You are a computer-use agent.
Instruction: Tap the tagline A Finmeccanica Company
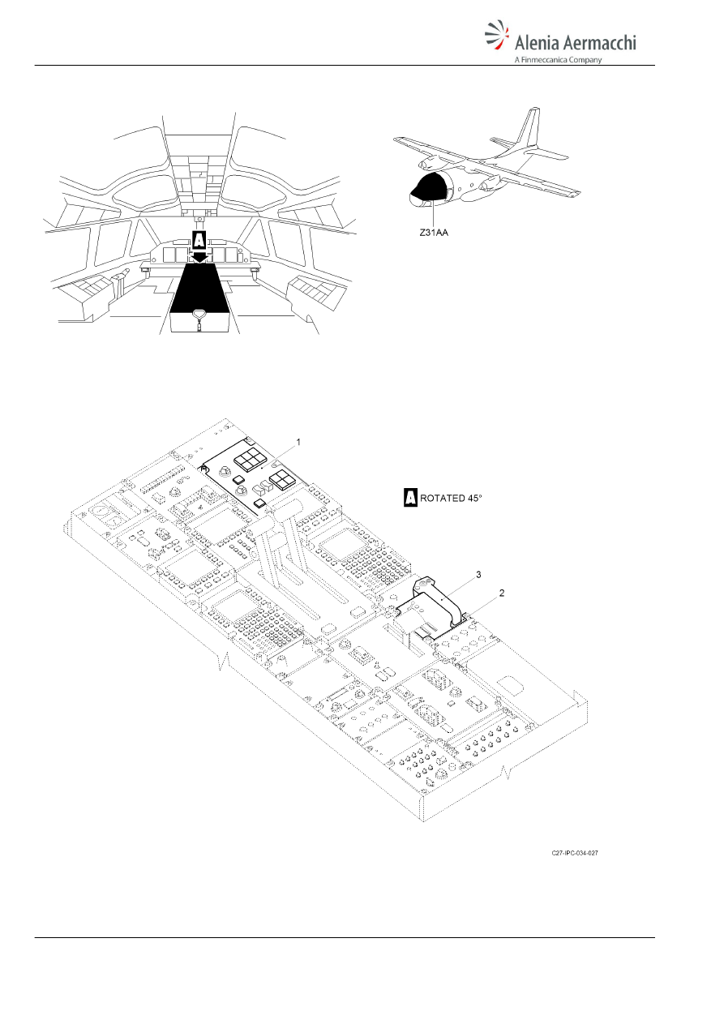tap(558, 59)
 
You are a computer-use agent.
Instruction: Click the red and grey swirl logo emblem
tap(497, 35)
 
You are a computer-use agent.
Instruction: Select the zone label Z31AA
tap(434, 232)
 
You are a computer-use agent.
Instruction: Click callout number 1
tap(298, 442)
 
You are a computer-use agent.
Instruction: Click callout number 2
tap(501, 593)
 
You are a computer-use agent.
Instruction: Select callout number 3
tap(478, 574)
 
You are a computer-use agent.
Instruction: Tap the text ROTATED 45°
tap(451, 499)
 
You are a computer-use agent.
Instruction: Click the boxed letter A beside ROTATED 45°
tap(410, 498)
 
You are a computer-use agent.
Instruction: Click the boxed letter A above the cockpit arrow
tap(199, 240)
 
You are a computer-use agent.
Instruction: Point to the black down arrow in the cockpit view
tap(199, 256)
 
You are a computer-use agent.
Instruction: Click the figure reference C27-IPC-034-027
tap(575, 853)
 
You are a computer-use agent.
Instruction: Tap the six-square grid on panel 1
tap(247, 461)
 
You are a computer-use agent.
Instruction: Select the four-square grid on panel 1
tap(282, 482)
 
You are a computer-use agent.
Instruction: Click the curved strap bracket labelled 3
tap(439, 599)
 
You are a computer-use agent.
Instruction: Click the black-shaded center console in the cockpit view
tap(199, 288)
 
